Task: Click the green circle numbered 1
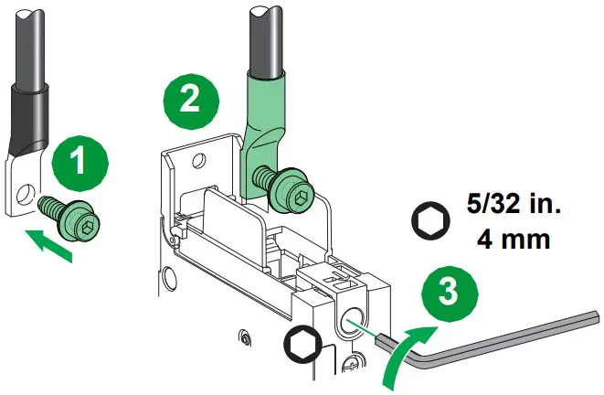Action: (79, 164)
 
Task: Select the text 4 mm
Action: (513, 240)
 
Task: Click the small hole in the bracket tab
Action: (196, 161)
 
